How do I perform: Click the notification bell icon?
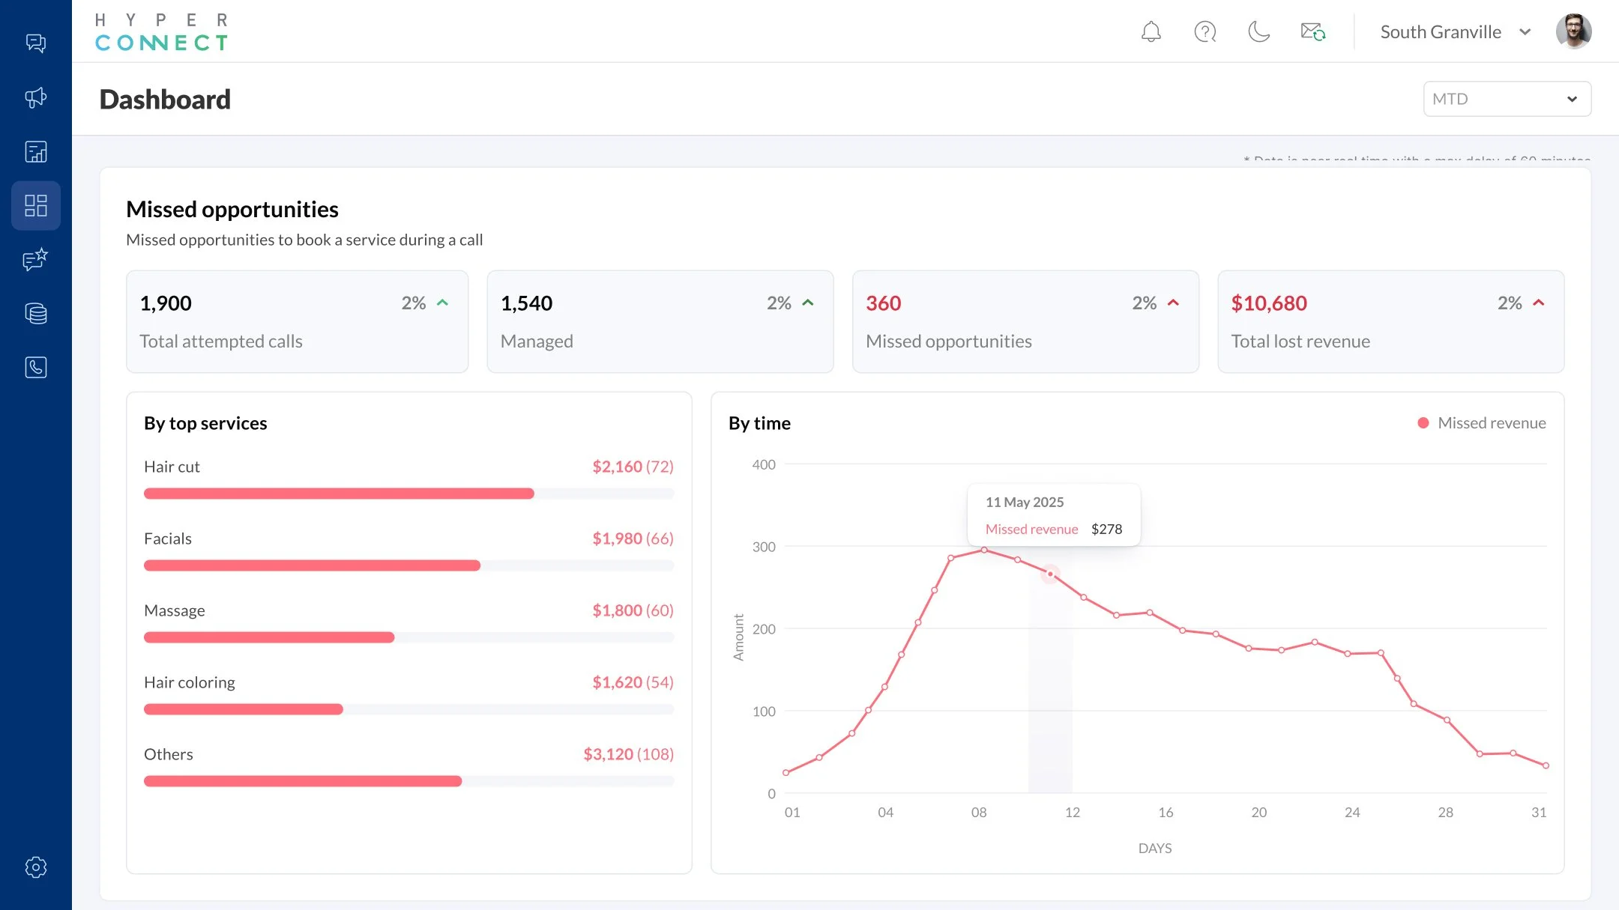click(x=1151, y=32)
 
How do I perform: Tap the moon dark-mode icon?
click(x=1258, y=32)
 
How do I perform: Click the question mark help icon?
click(x=1205, y=32)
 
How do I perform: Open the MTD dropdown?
click(x=1507, y=99)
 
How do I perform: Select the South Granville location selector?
click(x=1454, y=32)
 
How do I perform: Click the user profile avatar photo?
click(x=1573, y=31)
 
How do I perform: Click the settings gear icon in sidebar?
click(x=36, y=867)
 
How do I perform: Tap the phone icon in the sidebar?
click(x=36, y=367)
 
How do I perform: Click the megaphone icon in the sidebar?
click(x=36, y=97)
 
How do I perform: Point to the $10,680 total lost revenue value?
click(x=1268, y=303)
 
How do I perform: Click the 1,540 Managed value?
click(x=526, y=303)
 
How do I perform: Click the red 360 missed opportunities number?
click(x=883, y=303)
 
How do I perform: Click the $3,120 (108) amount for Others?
click(x=628, y=754)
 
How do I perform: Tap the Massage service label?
click(x=174, y=610)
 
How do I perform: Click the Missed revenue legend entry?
click(x=1483, y=423)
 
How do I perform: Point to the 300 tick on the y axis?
click(x=764, y=547)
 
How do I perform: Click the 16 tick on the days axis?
click(x=1166, y=813)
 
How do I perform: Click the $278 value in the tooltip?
click(x=1106, y=530)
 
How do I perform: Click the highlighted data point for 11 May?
click(x=1050, y=574)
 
